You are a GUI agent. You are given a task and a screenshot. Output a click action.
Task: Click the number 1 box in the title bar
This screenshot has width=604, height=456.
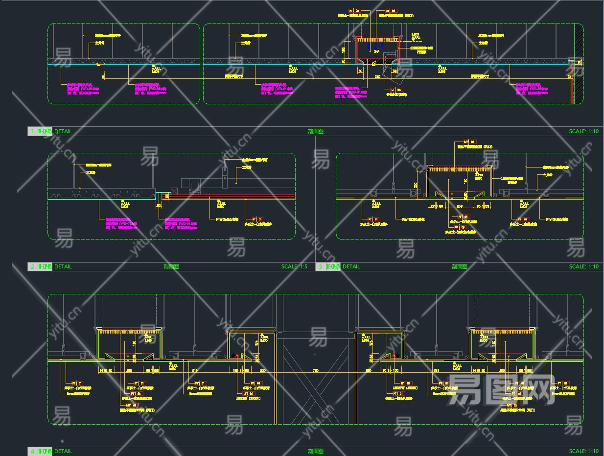(33, 131)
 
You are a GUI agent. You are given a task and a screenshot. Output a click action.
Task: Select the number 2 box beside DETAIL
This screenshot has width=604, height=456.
(33, 266)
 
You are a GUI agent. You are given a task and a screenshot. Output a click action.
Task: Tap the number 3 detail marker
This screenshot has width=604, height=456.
(321, 266)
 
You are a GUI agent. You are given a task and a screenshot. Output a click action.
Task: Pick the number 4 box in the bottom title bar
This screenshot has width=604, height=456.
(33, 451)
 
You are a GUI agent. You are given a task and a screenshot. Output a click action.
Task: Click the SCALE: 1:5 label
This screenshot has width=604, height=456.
(294, 266)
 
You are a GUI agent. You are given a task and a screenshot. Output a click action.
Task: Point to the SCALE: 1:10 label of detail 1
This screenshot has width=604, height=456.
(584, 131)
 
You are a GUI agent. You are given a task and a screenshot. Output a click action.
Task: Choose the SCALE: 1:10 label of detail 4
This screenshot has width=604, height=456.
(584, 451)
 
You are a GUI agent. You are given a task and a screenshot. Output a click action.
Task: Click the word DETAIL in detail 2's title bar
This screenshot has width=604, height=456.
(63, 266)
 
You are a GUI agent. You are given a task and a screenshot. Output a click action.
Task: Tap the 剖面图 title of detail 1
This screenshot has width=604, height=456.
(316, 131)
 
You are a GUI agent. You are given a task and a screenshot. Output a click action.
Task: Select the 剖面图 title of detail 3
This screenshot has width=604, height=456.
(459, 266)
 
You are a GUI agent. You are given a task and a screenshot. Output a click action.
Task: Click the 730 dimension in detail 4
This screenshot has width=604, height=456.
(316, 370)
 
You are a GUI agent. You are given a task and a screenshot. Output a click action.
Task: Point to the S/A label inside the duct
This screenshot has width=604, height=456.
(376, 51)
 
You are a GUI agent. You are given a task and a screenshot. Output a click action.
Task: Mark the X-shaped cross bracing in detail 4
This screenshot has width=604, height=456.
(316, 382)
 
